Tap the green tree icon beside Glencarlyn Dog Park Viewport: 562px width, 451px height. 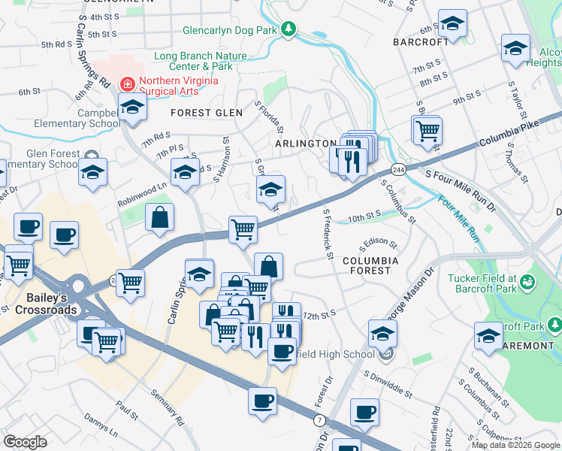tap(289, 31)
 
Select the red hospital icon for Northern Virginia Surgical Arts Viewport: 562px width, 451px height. tap(128, 83)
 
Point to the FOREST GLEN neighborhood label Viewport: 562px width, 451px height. tap(207, 113)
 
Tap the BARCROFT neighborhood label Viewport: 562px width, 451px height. tap(421, 43)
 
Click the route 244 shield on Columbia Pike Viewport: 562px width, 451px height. tap(399, 169)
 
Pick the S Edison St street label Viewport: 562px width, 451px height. tap(379, 245)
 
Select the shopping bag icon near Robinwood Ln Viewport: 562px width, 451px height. tap(159, 218)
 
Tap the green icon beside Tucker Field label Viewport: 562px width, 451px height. tap(528, 283)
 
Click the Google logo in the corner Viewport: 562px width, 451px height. tap(26, 442)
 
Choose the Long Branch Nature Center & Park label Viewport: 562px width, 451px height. tap(201, 62)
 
